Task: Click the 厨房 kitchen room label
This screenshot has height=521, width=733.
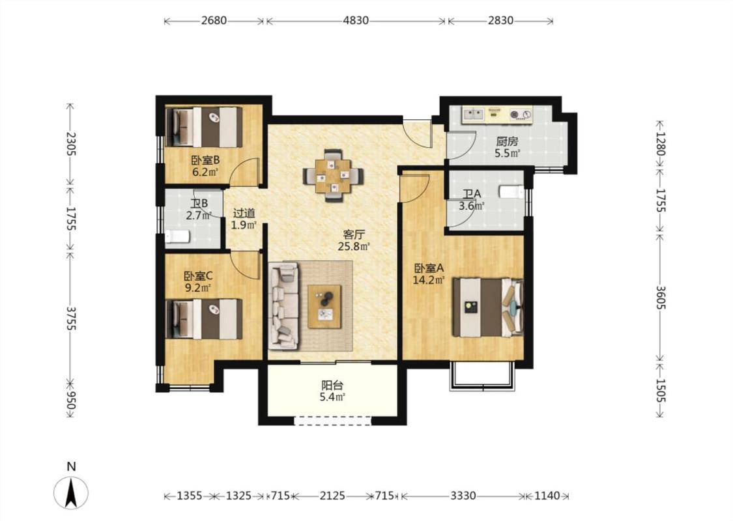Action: (x=507, y=141)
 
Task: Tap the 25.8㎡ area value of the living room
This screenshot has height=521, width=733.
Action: (x=354, y=246)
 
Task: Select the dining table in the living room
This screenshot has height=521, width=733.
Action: (x=333, y=176)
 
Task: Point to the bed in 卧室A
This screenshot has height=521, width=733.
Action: (x=488, y=307)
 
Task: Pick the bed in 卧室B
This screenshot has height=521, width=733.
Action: (x=205, y=127)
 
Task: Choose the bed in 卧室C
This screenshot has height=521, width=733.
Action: (x=205, y=319)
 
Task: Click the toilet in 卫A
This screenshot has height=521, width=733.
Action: (x=512, y=191)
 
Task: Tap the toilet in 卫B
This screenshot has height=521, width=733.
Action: (x=177, y=237)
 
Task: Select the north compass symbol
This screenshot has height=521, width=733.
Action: (x=71, y=492)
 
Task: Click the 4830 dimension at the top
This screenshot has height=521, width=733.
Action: (x=356, y=21)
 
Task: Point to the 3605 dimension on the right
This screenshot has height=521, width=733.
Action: (x=659, y=297)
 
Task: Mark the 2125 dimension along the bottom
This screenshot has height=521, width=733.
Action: (x=332, y=496)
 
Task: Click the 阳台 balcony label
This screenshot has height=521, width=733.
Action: (x=332, y=386)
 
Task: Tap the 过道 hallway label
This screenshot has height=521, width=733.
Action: (x=244, y=213)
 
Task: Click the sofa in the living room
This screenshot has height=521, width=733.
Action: (x=283, y=305)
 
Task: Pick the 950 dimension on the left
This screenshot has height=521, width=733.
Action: (x=70, y=400)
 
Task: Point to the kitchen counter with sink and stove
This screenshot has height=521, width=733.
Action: (x=497, y=115)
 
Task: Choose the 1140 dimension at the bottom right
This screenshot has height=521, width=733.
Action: (x=547, y=496)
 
